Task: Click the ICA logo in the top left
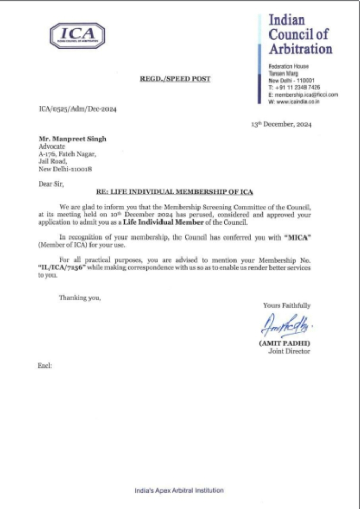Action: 78,36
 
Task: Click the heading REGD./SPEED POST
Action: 175,79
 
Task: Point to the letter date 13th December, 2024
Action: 281,124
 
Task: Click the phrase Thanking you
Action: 80,297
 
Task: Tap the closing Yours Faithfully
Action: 286,305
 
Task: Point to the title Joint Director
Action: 290,351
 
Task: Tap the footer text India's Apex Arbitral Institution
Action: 179,491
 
